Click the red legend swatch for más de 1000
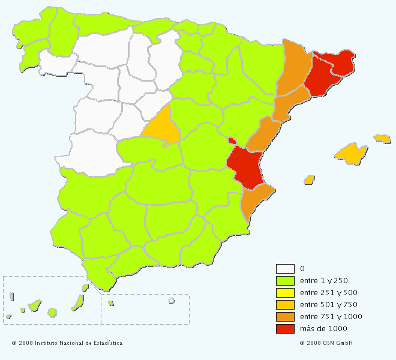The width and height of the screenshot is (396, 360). (x=285, y=329)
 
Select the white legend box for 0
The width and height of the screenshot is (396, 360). (x=285, y=269)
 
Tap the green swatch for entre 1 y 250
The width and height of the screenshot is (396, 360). (x=285, y=281)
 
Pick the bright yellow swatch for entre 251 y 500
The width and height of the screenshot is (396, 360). (x=285, y=293)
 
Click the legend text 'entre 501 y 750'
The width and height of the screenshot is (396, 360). (x=323, y=305)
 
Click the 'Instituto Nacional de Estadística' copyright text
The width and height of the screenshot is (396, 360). (x=67, y=343)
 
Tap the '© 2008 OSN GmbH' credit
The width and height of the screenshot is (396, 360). (x=326, y=343)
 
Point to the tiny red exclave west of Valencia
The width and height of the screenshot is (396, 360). (x=232, y=141)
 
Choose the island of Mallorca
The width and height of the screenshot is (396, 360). (x=350, y=154)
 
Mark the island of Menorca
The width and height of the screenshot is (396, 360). (x=382, y=139)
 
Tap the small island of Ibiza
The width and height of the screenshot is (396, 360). (x=310, y=179)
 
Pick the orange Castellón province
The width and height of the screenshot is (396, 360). (x=262, y=135)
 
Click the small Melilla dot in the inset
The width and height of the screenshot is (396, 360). (x=171, y=301)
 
